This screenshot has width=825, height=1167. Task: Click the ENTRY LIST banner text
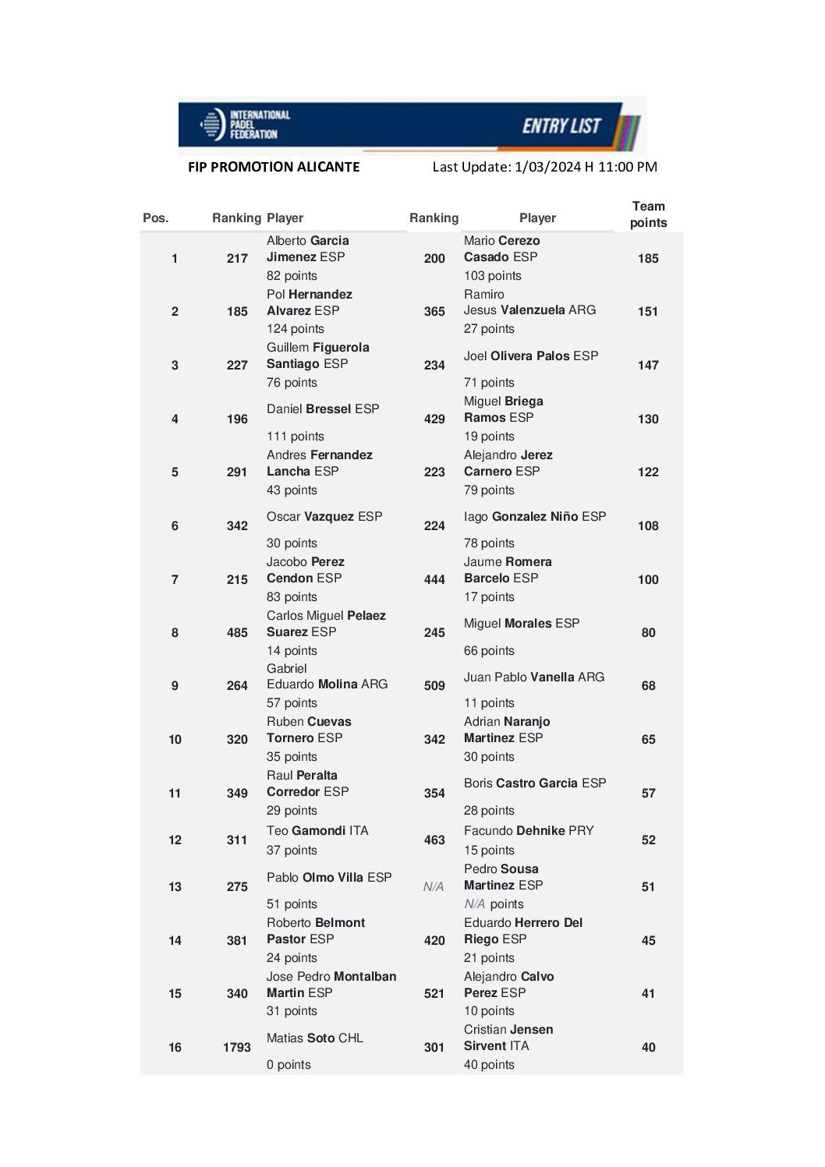tap(561, 126)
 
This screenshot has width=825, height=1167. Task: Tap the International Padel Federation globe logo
tap(212, 125)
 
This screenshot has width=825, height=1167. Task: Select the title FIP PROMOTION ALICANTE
tap(274, 167)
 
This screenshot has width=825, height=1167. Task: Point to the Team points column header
tap(648, 214)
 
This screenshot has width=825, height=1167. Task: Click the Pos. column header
tap(156, 218)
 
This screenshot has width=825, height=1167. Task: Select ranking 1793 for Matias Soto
tap(236, 1048)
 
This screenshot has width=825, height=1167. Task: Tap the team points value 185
tap(648, 259)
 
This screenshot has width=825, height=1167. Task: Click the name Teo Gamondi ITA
tap(317, 831)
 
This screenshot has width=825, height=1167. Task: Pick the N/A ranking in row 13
tap(434, 887)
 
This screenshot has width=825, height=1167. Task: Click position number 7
tap(175, 580)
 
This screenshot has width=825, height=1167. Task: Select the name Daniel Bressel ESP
tap(323, 409)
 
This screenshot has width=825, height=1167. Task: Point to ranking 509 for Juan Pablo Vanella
tap(434, 686)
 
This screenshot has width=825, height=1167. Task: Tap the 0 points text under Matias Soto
tap(289, 1065)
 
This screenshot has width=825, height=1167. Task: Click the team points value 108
tap(648, 526)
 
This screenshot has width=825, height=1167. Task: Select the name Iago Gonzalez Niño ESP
tap(535, 517)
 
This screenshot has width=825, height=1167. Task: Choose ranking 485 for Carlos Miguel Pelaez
tap(237, 633)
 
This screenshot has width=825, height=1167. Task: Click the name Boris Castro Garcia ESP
tap(535, 783)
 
